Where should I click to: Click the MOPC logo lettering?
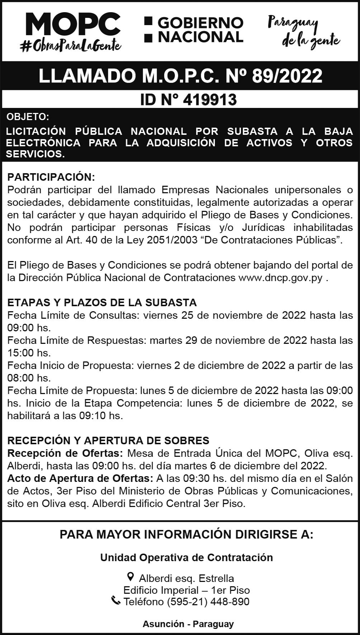pos(73,24)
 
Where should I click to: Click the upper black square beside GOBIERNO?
pos(148,21)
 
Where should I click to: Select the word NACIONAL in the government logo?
pos(201,37)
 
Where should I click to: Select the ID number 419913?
pos(210,100)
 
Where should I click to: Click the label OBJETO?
pos(27,117)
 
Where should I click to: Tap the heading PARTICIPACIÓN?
pos(51,177)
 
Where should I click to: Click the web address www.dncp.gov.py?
pos(280,278)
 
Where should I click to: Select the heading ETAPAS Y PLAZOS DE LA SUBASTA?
pos(102,302)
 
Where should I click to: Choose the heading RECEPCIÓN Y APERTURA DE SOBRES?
pos(108,440)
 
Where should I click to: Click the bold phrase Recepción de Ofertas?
pos(65,453)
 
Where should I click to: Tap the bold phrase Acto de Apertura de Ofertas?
pos(80,478)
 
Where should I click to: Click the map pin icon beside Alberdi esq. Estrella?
pos(131,577)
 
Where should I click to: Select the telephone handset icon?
pos(116,600)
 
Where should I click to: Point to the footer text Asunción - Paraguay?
pos(188,624)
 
